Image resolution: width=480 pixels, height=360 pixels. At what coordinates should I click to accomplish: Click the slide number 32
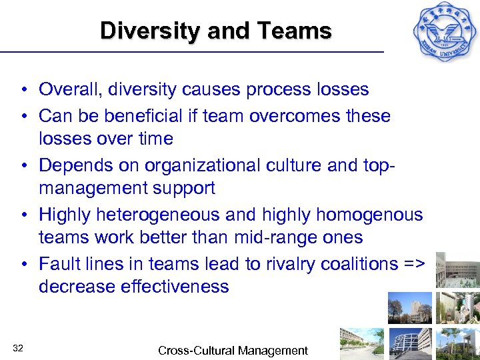[x=18, y=347]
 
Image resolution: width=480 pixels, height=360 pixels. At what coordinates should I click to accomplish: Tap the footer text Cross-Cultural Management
[x=233, y=350]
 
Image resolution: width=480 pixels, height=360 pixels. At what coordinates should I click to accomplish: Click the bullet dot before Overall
[x=23, y=90]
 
